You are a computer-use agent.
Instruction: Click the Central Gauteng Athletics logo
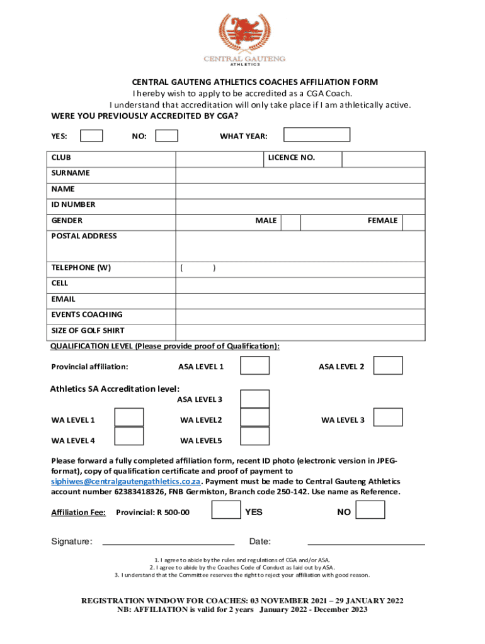coord(243,39)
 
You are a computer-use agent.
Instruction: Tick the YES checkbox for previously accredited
coord(91,136)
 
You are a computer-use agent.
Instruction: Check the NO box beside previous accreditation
coord(166,136)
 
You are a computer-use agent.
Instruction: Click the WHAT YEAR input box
coord(316,135)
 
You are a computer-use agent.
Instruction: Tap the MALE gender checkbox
coord(290,221)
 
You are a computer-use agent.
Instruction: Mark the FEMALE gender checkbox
coord(413,221)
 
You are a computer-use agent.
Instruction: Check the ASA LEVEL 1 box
coord(255,366)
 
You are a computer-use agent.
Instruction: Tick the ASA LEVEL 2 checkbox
coord(388,366)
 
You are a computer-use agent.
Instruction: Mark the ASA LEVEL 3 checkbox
coord(255,399)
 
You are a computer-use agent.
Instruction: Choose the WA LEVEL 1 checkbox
coord(129,418)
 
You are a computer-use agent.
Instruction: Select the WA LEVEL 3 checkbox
coord(388,418)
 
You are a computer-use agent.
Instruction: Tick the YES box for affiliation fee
coord(225,511)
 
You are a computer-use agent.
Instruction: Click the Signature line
coord(168,541)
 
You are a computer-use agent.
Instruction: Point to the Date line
coord(366,541)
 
